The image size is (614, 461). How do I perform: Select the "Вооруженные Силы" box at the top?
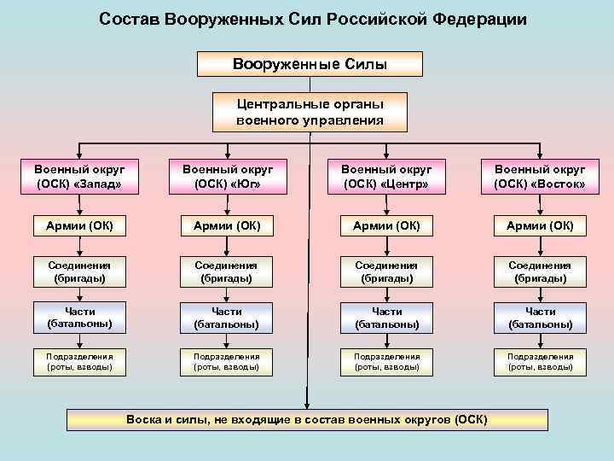click(x=310, y=64)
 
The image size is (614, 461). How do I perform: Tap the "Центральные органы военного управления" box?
click(x=310, y=112)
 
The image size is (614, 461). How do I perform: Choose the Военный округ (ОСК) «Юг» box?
click(x=226, y=176)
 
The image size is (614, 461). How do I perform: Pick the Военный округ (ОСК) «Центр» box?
click(x=386, y=176)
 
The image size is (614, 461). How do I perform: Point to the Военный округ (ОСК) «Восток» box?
click(x=540, y=176)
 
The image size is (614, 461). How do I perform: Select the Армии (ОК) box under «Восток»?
click(x=540, y=225)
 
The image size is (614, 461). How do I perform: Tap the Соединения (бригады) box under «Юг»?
click(x=226, y=271)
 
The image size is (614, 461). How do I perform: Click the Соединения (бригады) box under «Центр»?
click(x=386, y=271)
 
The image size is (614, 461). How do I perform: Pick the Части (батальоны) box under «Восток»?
click(x=540, y=318)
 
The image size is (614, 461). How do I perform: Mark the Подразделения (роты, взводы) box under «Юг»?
click(x=226, y=362)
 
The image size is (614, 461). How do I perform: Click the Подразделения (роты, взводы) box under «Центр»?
click(x=386, y=362)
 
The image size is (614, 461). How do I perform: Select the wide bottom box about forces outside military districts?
click(x=307, y=419)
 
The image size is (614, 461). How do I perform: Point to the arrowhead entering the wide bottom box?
click(x=307, y=405)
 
